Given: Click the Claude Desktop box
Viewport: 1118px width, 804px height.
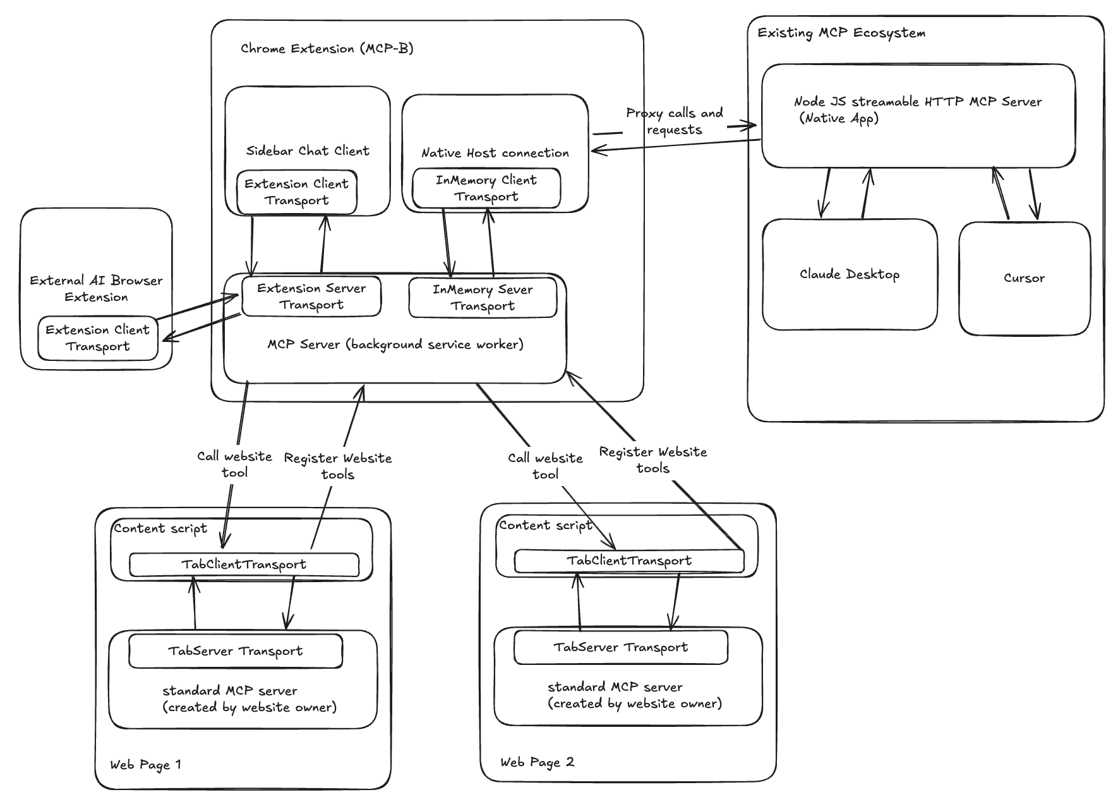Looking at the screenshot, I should click(849, 274).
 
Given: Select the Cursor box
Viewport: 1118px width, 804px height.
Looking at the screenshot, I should click(1024, 278).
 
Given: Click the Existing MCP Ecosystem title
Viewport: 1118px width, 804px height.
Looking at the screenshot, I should click(841, 33).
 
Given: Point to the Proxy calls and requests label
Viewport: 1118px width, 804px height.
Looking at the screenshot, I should click(674, 121).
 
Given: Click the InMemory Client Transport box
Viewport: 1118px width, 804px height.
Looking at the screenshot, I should click(486, 188).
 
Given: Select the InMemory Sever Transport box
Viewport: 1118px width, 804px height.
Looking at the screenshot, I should click(483, 298).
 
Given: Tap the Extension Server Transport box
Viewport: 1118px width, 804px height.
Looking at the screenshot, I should click(311, 296).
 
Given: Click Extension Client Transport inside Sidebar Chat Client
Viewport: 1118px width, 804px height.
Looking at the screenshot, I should click(296, 192).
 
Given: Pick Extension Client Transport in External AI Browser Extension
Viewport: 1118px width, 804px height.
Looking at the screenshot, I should click(97, 338).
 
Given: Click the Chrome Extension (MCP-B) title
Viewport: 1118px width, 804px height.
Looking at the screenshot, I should click(327, 49).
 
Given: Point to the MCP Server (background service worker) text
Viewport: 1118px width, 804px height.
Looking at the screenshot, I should click(395, 344).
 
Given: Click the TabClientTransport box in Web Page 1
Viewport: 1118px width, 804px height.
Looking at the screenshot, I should click(244, 564).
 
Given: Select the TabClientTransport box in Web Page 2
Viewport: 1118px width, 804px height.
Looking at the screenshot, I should click(628, 561).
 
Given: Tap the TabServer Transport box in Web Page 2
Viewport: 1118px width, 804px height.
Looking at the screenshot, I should click(620, 647).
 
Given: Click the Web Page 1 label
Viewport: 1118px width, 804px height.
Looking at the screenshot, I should click(145, 765).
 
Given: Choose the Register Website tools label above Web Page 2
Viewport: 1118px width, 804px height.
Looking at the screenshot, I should click(652, 460).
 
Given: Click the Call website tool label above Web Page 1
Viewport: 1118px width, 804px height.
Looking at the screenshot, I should click(234, 464).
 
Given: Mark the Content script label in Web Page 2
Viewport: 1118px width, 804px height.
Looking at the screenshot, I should click(545, 525).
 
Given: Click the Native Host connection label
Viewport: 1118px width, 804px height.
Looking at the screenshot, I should click(495, 153).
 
